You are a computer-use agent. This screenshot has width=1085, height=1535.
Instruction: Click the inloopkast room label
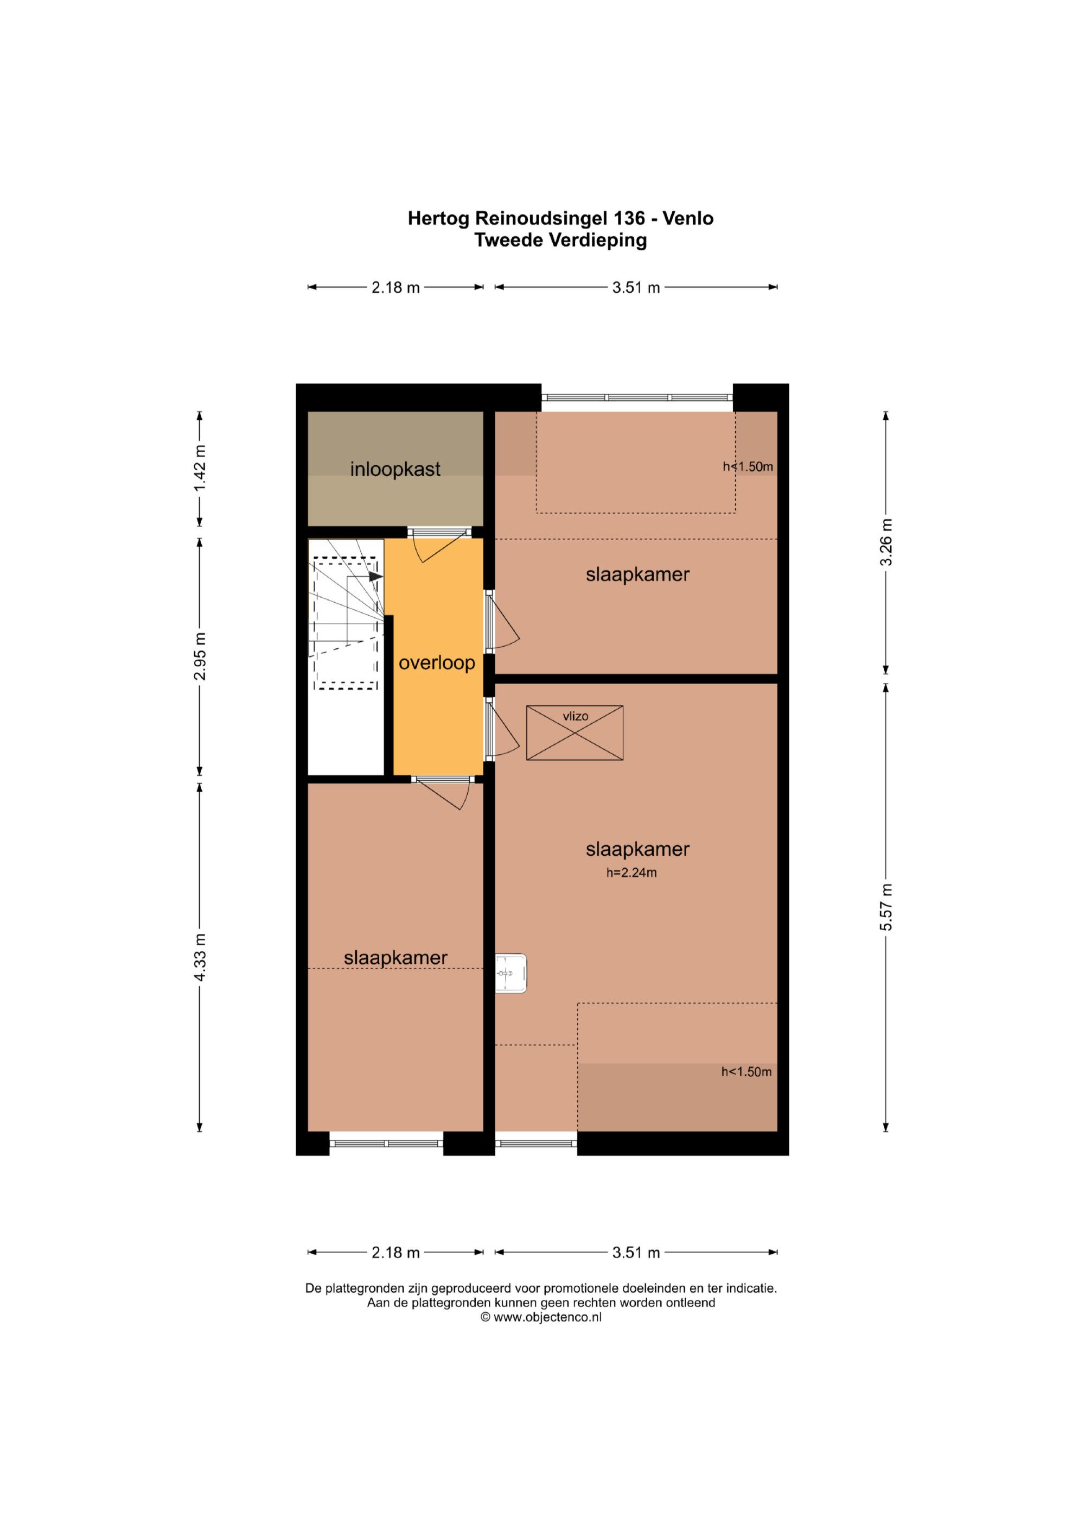[395, 469]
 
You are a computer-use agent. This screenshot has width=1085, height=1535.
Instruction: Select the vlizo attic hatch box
[575, 732]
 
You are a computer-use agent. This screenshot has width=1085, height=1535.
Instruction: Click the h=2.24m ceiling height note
[631, 873]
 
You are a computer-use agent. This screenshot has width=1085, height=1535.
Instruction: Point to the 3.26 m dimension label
[886, 542]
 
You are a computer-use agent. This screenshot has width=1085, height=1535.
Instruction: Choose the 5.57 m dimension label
[886, 907]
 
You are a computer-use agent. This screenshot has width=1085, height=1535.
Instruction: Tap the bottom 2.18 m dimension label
[395, 1253]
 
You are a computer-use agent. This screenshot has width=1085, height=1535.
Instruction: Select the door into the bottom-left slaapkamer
[441, 794]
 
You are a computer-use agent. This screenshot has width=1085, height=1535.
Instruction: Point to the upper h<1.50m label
[748, 466]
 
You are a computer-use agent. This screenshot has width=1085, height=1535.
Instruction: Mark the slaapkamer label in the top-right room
[637, 574]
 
